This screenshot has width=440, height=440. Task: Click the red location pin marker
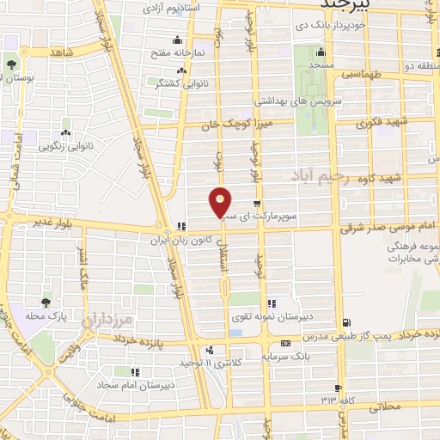click(x=221, y=202)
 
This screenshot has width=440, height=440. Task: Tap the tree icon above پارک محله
click(x=45, y=302)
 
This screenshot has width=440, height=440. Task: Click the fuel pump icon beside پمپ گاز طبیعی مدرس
click(x=345, y=324)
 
